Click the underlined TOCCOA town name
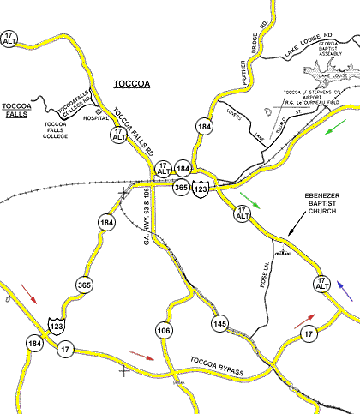point(133,85)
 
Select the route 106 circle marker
point(164,331)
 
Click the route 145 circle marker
point(220,324)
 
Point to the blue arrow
point(344,290)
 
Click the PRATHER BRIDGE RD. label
point(252,58)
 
